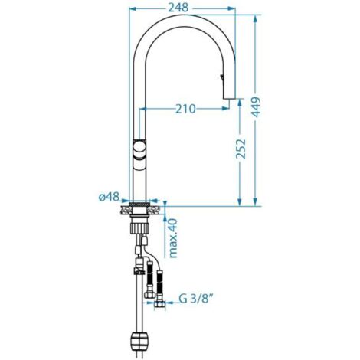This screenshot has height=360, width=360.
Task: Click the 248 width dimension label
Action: [178, 8]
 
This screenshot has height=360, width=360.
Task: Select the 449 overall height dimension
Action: [256, 106]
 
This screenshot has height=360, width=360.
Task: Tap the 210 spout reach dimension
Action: [185, 109]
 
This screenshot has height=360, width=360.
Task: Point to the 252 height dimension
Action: [241, 149]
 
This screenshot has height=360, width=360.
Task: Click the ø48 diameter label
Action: [110, 197]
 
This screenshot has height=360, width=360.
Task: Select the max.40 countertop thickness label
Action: [173, 238]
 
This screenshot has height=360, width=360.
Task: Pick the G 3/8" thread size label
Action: [196, 299]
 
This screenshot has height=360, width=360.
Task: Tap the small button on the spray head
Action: [222, 77]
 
